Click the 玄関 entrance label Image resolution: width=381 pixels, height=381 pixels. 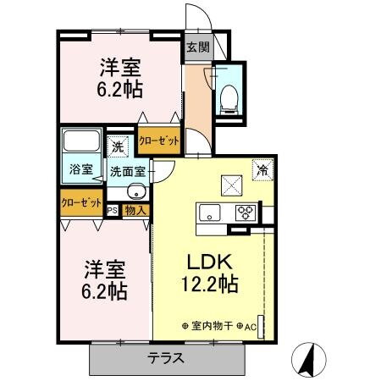coord(197,47)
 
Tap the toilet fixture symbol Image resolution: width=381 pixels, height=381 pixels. coord(226,96)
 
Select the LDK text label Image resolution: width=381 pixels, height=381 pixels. coord(208,262)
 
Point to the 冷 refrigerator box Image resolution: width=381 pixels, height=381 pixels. coord(263,169)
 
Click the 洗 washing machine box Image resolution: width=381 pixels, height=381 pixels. coord(119,146)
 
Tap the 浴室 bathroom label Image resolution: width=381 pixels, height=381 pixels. coord(81,169)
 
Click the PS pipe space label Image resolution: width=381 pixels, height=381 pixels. coord(112,207)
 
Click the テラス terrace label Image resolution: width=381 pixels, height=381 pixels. coord(168,358)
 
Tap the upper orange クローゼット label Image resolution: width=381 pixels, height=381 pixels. coord(158,141)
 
